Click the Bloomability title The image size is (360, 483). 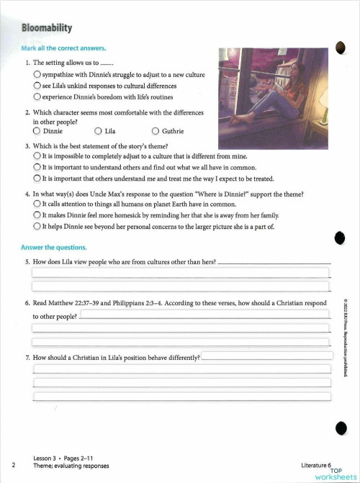click(47, 28)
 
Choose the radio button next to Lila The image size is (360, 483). click(98, 132)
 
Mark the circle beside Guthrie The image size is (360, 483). click(156, 132)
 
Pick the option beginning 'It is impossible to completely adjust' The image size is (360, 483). click(37, 155)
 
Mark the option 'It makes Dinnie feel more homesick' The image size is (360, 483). click(37, 215)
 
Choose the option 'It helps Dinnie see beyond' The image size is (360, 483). click(37, 226)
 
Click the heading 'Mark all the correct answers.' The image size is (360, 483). click(64, 48)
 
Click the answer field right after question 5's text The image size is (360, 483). click(274, 262)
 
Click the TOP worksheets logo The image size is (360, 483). click(334, 474)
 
